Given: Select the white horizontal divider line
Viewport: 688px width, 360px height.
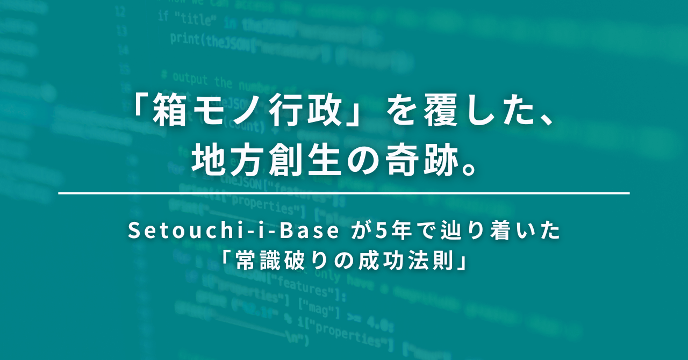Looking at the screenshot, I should coord(344,192).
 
